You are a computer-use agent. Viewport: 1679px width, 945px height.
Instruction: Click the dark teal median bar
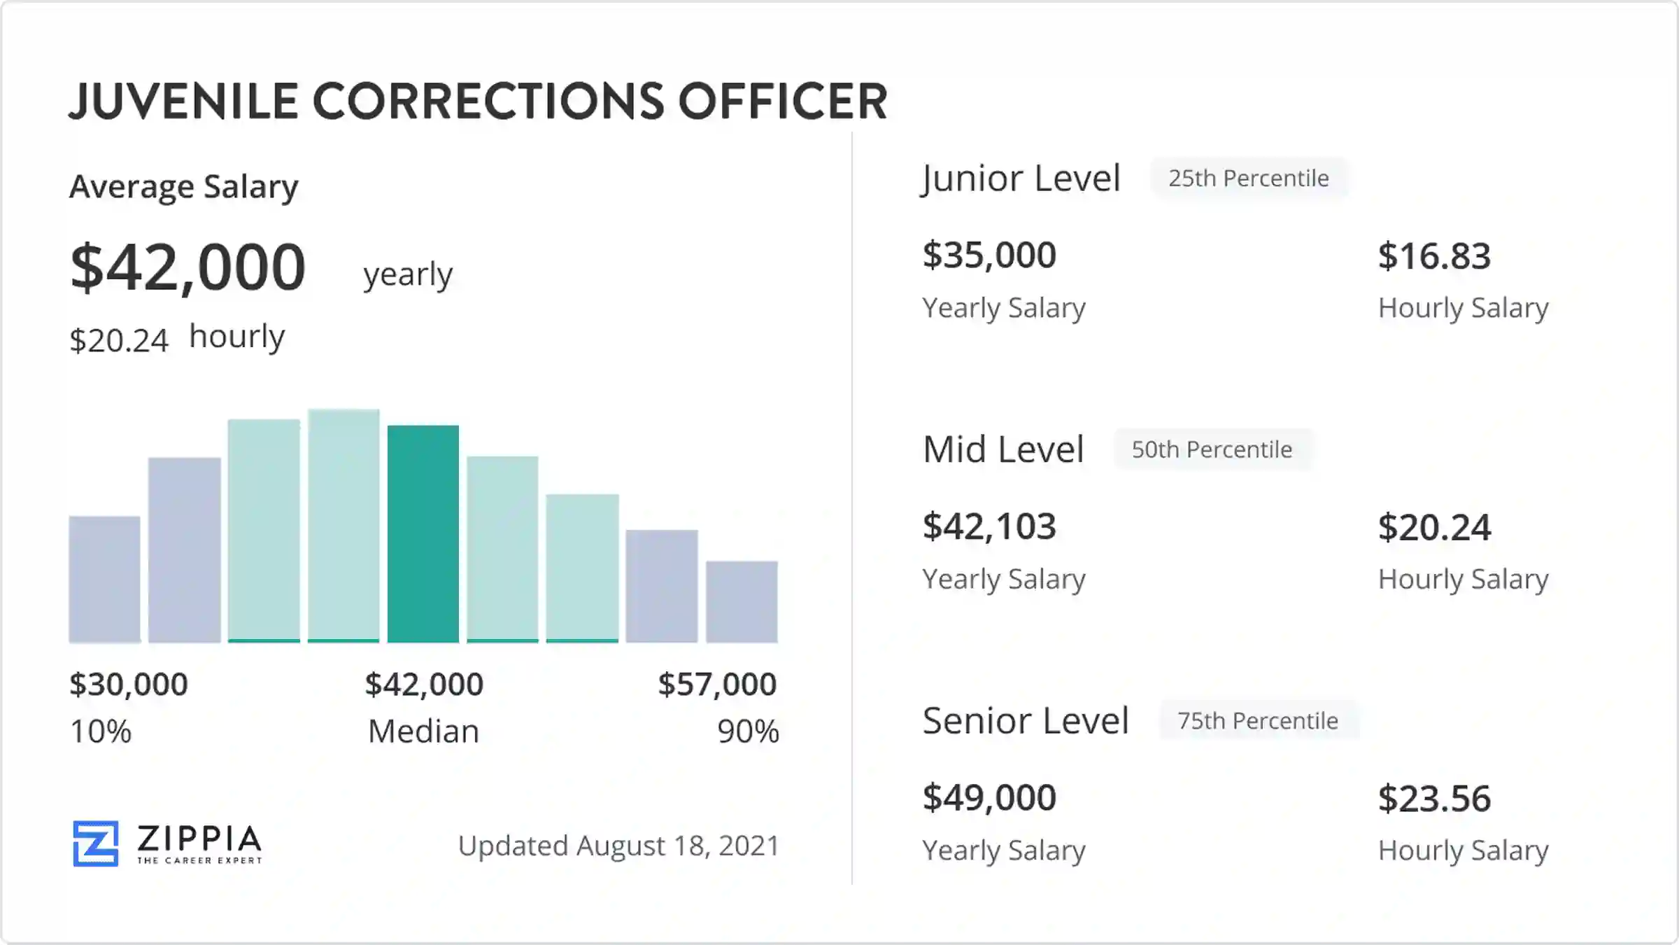(x=423, y=533)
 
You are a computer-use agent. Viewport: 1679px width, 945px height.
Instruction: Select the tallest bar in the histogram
(x=343, y=526)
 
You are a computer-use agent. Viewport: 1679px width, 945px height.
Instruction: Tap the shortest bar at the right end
(x=742, y=601)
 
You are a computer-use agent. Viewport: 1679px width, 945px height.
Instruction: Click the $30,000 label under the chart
(x=129, y=684)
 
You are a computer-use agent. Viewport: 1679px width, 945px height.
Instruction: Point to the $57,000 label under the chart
(x=717, y=684)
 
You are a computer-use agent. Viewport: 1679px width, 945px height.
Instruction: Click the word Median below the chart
(x=424, y=731)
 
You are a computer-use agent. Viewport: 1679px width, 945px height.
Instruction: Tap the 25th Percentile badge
(x=1249, y=178)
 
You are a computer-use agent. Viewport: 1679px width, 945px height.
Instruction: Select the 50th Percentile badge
(x=1212, y=449)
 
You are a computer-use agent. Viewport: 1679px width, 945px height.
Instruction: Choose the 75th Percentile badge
(x=1258, y=720)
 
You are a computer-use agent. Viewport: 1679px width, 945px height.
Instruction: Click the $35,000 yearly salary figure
(x=989, y=255)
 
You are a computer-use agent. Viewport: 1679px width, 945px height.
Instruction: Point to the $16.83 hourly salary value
(x=1434, y=255)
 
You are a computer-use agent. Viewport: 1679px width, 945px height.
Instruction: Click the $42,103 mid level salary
(x=989, y=526)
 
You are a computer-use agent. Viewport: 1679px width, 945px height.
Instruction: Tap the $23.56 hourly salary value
(x=1434, y=798)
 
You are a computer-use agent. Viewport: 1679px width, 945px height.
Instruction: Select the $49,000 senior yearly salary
(x=989, y=797)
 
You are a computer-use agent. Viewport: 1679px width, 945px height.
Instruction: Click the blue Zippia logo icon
(x=96, y=843)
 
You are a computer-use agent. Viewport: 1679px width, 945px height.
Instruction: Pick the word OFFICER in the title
(x=783, y=101)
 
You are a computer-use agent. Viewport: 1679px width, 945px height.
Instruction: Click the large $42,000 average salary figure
(x=188, y=267)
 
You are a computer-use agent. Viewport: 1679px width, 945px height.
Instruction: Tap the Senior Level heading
(x=1026, y=720)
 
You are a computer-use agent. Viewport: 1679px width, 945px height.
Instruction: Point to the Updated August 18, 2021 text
(x=618, y=846)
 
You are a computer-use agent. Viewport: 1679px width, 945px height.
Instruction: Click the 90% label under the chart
(x=748, y=731)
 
